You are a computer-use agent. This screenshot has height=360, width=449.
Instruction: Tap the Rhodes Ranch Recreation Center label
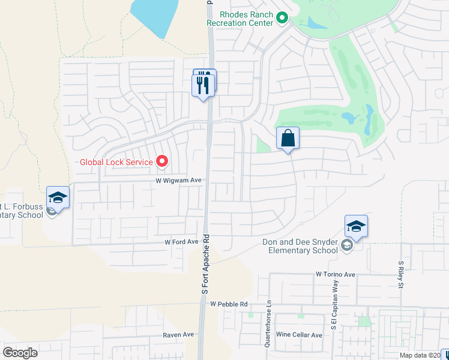click(240, 19)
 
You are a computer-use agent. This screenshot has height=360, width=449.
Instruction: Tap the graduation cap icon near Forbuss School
click(58, 197)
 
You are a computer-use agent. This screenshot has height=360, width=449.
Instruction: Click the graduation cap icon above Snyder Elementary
click(356, 226)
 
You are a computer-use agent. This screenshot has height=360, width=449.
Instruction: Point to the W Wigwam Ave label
click(178, 180)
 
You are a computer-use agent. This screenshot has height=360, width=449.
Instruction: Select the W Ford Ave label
click(181, 242)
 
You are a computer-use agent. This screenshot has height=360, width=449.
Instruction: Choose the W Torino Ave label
click(336, 274)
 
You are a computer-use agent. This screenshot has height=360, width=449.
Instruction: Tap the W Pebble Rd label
click(229, 304)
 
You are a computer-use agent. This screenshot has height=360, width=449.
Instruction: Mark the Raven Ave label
click(178, 334)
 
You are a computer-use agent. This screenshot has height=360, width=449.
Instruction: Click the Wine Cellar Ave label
click(299, 334)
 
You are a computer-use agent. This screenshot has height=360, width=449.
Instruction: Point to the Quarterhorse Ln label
click(268, 323)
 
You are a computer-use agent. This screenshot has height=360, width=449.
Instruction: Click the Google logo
click(20, 353)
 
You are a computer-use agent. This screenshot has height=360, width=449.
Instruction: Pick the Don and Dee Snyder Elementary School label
click(300, 247)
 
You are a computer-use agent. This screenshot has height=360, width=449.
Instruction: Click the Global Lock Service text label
click(117, 161)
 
